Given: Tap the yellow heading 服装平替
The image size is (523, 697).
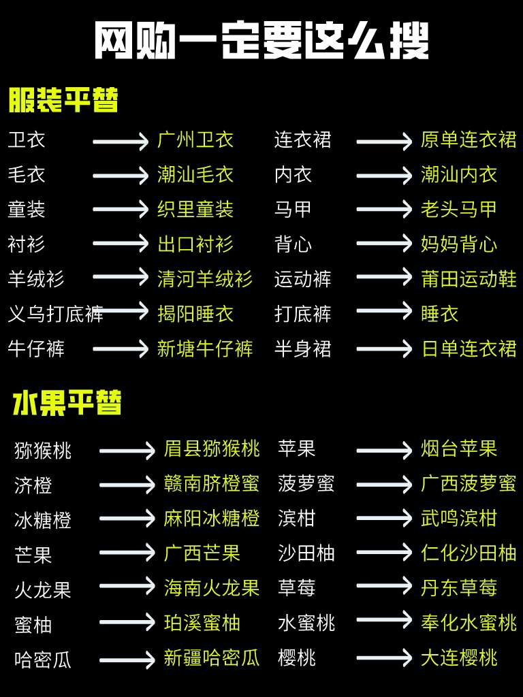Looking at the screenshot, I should click(63, 101).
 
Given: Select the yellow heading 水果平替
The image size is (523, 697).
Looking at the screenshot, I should click(67, 403).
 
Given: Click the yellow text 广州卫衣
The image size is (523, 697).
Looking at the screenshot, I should click(195, 140).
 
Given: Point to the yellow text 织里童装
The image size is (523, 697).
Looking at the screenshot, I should click(195, 209).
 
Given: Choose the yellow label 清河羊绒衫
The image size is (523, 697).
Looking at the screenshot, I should click(205, 278).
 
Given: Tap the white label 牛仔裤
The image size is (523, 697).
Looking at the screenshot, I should click(36, 348).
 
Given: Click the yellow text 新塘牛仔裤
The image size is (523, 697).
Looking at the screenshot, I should click(205, 348).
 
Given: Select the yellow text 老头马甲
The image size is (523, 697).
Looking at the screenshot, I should click(459, 209).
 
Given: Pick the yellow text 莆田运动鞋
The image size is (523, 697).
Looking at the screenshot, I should click(469, 278).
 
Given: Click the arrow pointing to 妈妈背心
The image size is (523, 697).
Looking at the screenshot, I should click(384, 244).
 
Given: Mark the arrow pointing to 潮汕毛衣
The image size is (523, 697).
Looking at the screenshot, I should click(121, 175).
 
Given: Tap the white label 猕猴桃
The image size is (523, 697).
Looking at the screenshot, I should click(43, 451).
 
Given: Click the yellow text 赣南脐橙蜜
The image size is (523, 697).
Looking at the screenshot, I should click(212, 484).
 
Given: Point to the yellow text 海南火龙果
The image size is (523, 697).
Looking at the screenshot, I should click(212, 587).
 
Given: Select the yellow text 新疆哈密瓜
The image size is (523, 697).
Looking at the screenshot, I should click(212, 658).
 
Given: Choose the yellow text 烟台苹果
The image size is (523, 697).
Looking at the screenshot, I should click(459, 449).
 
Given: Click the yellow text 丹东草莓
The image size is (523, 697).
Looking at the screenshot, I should click(459, 587).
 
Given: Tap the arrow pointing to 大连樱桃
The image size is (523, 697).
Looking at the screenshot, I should click(384, 658).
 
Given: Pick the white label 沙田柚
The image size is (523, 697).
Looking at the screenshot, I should click(306, 553).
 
